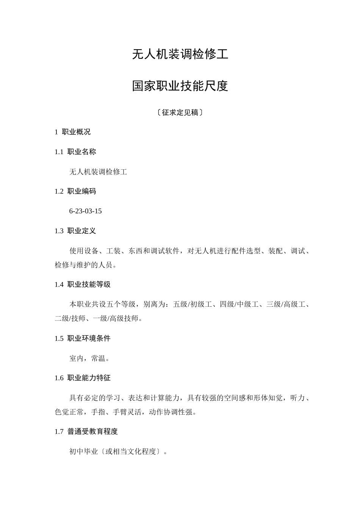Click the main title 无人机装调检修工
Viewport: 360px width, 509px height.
(x=180, y=55)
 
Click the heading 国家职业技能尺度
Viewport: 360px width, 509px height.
(x=180, y=86)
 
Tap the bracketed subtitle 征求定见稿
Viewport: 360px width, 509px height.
(x=180, y=112)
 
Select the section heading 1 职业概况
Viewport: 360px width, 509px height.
(x=73, y=132)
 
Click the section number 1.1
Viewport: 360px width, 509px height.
(x=59, y=152)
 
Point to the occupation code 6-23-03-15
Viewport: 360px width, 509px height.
(x=85, y=211)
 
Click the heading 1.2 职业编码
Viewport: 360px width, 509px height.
(x=75, y=191)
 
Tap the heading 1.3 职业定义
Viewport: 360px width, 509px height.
(x=75, y=231)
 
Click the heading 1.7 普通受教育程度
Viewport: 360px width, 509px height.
(x=86, y=431)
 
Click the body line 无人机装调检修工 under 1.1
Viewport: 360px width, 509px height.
(x=98, y=172)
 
